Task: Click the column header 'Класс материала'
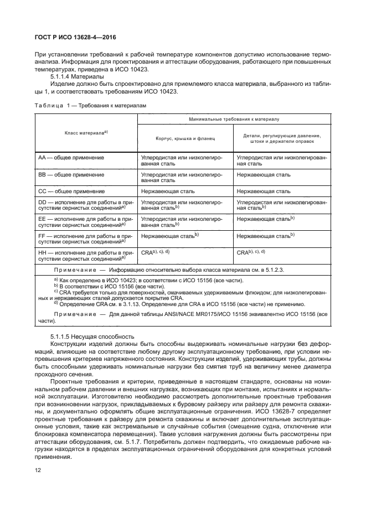click(x=85, y=132)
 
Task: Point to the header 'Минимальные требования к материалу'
click(x=234, y=119)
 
